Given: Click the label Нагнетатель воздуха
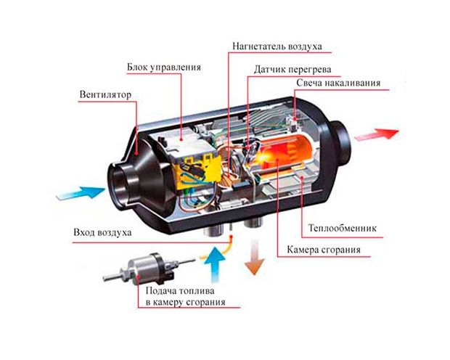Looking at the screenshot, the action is [277, 46].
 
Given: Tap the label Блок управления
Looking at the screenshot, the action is [164, 67].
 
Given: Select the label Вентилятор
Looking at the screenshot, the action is [105, 94].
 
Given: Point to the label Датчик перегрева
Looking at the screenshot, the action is [292, 70].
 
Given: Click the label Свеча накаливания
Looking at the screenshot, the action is [338, 83].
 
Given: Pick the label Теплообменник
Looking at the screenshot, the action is [342, 228].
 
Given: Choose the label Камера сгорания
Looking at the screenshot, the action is [324, 250].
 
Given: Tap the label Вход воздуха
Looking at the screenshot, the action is [102, 232].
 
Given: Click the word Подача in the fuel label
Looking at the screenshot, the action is [160, 291].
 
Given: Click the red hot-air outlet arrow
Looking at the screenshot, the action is [377, 134].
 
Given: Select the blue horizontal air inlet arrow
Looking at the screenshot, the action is [81, 192].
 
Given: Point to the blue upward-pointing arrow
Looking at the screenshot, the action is [216, 263].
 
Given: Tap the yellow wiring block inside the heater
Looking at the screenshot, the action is [198, 173].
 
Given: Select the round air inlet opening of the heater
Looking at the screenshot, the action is [118, 186].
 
